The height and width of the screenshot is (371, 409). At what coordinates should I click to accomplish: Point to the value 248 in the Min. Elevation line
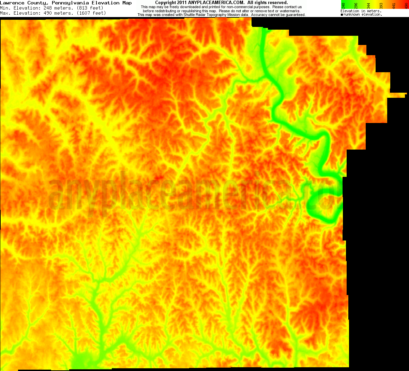pos(48,8)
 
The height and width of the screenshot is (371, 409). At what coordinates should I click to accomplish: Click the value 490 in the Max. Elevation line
pos(48,13)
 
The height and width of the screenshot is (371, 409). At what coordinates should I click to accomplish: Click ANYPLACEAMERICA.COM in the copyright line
pos(215,2)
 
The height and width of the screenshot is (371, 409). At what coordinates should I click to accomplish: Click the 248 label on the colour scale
pos(343,5)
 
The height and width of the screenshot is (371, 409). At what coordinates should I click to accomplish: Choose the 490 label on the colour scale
pos(405,5)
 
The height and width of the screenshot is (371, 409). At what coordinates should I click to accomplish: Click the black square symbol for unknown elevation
pos(342,15)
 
